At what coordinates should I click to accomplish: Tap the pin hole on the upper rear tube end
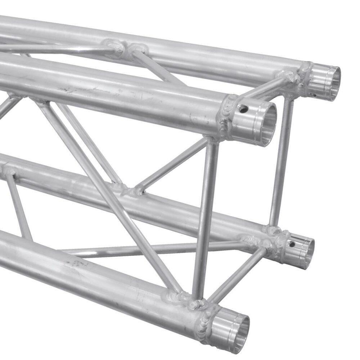click(x=314, y=95)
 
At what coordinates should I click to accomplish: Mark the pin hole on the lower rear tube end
click(x=292, y=244)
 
